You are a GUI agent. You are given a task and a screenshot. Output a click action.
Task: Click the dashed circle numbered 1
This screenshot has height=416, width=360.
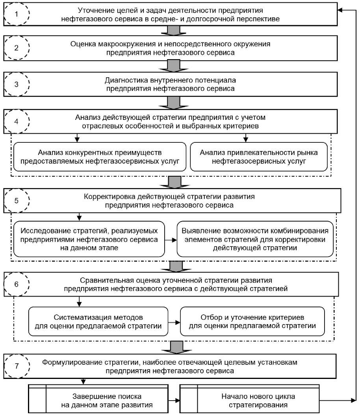click(x=16, y=14)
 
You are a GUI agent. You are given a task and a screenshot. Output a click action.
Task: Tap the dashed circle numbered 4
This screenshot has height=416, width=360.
click(x=16, y=121)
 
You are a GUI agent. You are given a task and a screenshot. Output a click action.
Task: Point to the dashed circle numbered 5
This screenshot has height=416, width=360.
click(x=16, y=200)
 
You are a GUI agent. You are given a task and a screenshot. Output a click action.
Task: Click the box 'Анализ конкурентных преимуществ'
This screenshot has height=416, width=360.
click(x=100, y=157)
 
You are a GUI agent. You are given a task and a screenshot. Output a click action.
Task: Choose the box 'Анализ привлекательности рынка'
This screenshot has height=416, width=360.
click(x=258, y=157)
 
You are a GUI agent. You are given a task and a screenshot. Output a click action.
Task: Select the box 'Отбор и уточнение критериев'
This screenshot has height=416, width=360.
click(x=252, y=321)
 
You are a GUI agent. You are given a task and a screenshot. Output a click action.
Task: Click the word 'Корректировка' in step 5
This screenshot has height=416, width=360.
click(x=110, y=196)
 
